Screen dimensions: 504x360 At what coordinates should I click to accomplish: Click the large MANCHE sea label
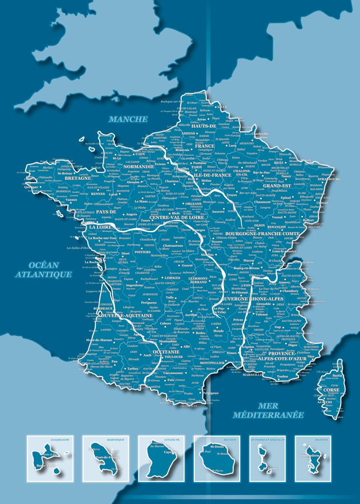pyautogui.click(x=129, y=119)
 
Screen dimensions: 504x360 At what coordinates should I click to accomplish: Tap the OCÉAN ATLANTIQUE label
pyautogui.click(x=44, y=270)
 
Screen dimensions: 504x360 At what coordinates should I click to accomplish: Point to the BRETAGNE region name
pyautogui.click(x=78, y=178)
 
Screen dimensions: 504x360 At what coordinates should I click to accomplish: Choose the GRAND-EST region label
pyautogui.click(x=277, y=185)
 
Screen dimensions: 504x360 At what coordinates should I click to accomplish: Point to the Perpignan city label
pyautogui.click(x=210, y=393)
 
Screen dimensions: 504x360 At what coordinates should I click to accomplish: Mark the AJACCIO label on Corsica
pyautogui.click(x=325, y=402)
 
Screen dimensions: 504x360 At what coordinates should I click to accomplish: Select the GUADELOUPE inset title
pyautogui.click(x=60, y=439)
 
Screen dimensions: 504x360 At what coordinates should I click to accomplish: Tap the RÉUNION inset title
pyautogui.click(x=230, y=439)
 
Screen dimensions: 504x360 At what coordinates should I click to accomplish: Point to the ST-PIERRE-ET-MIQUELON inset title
pyautogui.click(x=268, y=439)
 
